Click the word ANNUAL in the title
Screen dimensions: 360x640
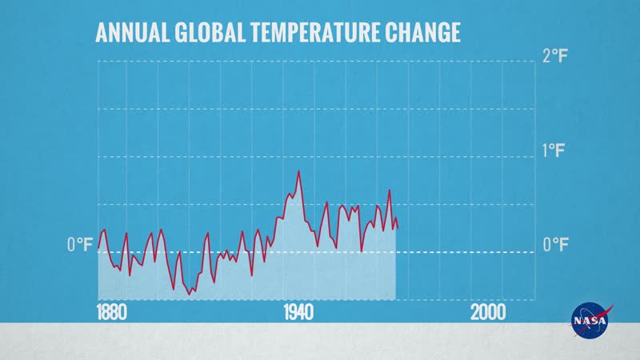click(131, 33)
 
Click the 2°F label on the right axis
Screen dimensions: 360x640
click(555, 57)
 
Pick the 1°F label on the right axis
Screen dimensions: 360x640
click(555, 150)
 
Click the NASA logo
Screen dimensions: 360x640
click(590, 320)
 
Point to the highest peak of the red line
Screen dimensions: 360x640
click(299, 171)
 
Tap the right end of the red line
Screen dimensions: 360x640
click(397, 228)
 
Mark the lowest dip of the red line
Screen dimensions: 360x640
click(190, 294)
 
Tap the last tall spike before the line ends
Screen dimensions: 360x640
click(390, 190)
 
